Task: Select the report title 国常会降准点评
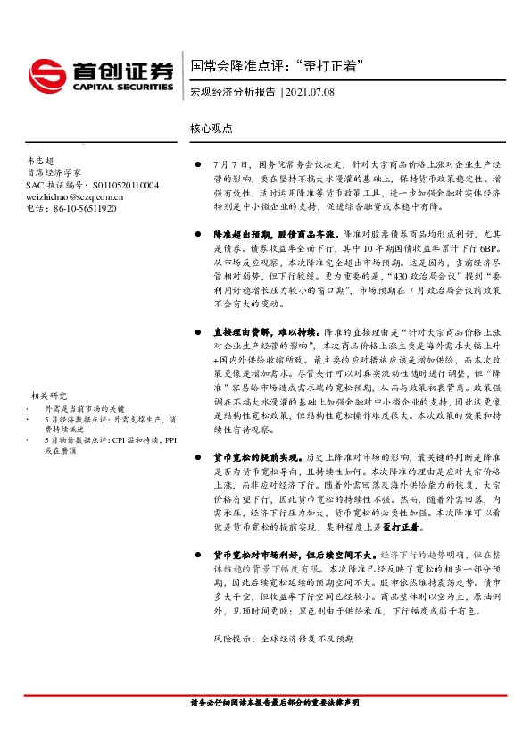(x=234, y=66)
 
